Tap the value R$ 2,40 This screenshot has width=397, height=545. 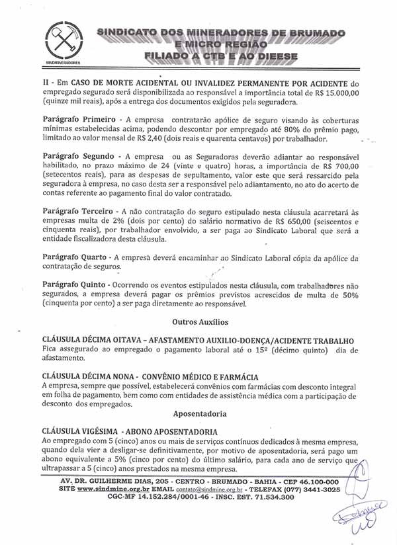coord(169,140)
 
